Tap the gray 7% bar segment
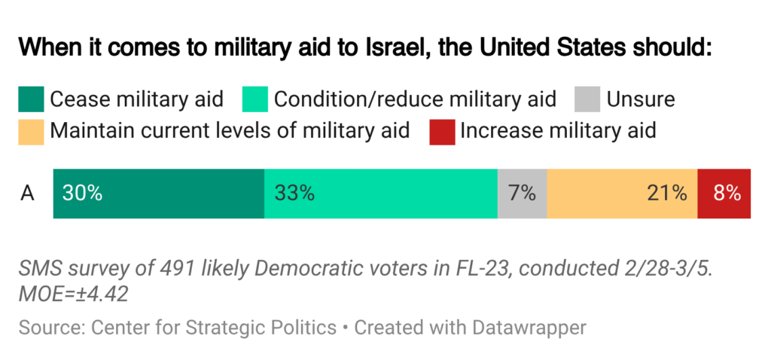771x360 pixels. click(522, 194)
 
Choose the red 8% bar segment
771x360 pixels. click(724, 194)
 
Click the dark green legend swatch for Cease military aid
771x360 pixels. click(32, 99)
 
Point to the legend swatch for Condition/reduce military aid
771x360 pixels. click(256, 99)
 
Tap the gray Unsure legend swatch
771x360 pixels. click(587, 99)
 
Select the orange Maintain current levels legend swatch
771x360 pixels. click(32, 131)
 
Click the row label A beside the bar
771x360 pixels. click(28, 194)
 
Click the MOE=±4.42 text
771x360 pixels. click(73, 293)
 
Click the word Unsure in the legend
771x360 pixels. click(641, 99)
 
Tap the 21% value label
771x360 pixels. click(667, 194)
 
